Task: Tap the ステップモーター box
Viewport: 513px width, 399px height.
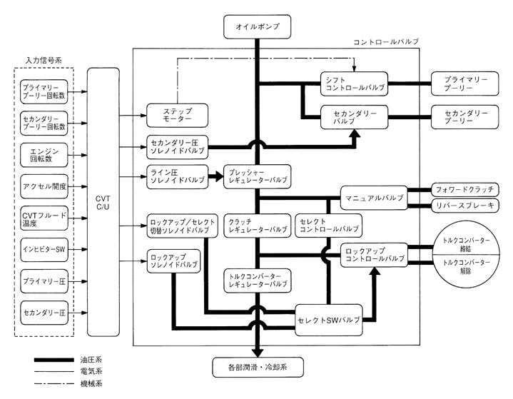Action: click(177, 115)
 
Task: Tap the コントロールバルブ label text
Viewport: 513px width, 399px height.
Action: click(386, 42)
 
